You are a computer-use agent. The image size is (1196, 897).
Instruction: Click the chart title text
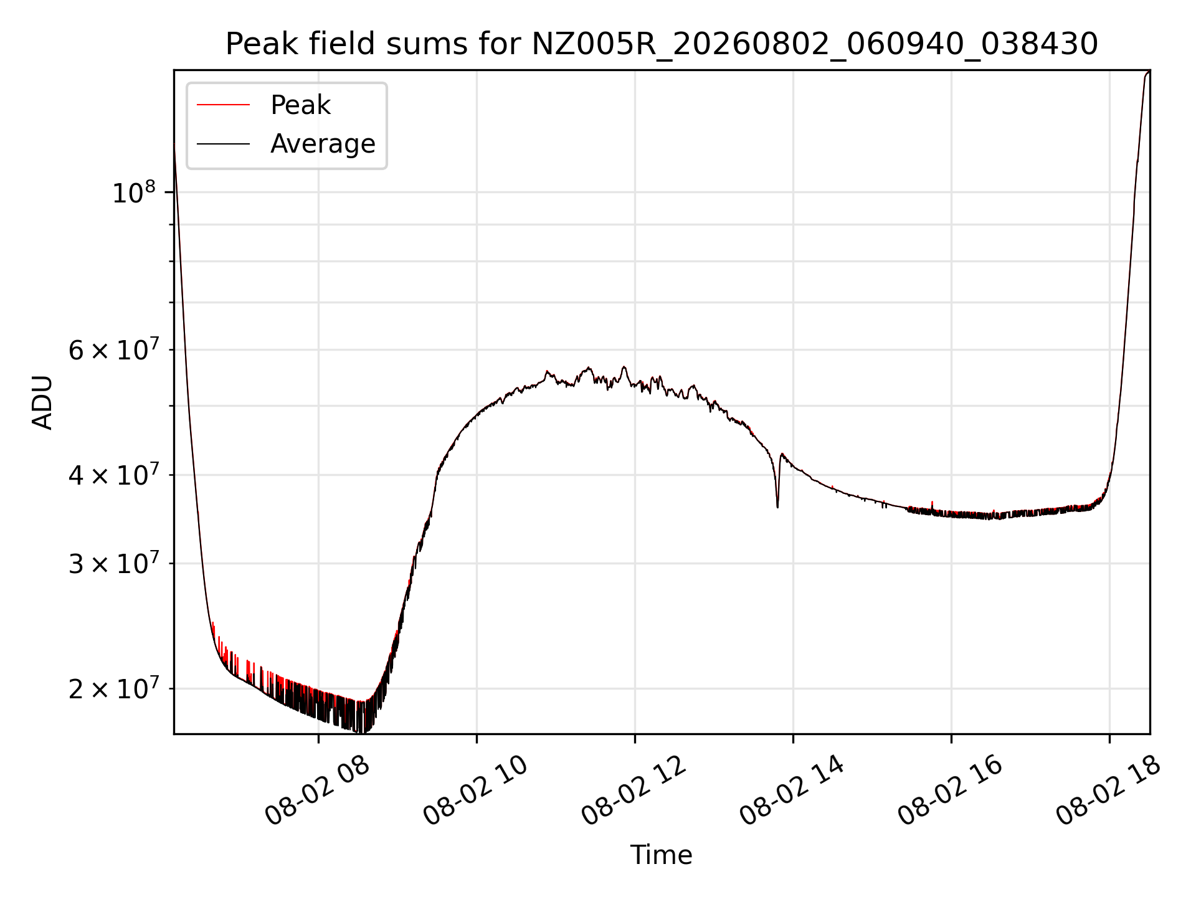coord(662,44)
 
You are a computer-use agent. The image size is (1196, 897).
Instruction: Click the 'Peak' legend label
coord(300,105)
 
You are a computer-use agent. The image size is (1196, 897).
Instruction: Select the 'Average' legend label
coord(323,144)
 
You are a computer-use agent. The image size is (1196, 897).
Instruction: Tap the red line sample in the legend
coord(223,105)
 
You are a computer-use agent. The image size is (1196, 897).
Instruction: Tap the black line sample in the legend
coord(223,145)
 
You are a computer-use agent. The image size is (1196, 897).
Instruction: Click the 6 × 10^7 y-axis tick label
coord(113,350)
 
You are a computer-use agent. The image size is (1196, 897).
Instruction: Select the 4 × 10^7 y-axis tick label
coord(113,475)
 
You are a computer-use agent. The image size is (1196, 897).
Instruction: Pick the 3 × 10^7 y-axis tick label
coord(113,564)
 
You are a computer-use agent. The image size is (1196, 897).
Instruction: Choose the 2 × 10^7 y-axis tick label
coord(113,689)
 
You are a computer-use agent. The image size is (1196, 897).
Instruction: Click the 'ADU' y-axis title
coord(43,402)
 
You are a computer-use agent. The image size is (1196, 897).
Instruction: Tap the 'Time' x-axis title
coord(662,855)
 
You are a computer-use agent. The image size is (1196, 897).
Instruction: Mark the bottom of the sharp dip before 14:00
coord(777,507)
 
